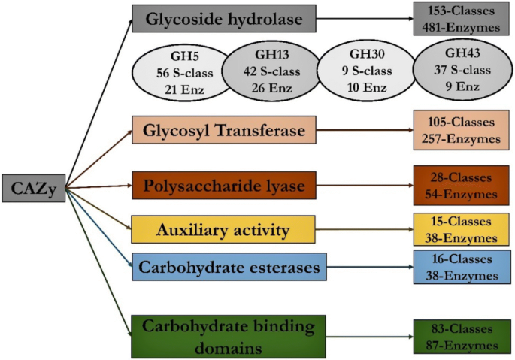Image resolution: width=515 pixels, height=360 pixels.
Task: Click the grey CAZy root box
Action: point(32,188)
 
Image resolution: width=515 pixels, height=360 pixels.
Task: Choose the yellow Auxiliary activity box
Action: point(213,229)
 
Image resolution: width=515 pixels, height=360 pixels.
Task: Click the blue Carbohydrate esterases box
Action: point(213,266)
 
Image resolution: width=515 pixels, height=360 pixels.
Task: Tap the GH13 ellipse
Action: point(271,72)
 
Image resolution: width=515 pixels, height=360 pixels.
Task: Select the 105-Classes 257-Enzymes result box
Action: point(457,131)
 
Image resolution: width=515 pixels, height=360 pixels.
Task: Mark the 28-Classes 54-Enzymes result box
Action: point(456,186)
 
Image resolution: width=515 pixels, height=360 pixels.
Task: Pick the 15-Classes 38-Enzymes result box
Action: point(456,230)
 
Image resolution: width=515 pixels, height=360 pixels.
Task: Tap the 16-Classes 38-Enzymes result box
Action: point(456,268)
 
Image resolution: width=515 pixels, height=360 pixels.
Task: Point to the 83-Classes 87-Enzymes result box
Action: point(456,337)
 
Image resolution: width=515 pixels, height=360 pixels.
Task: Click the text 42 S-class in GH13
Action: point(271,73)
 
